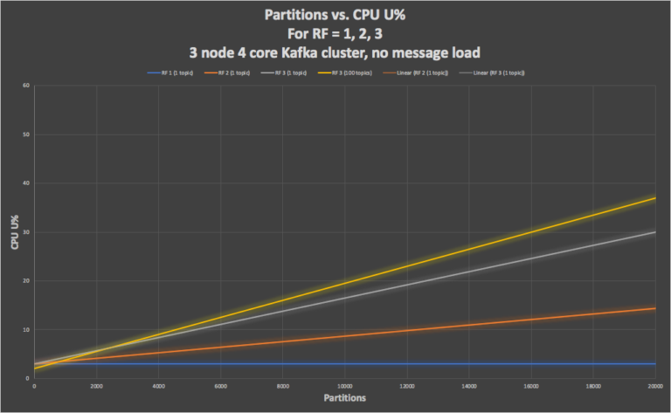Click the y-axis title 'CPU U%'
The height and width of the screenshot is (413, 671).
pos(15,233)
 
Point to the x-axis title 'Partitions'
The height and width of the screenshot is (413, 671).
pos(343,397)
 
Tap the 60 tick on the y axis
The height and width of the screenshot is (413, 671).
pos(26,86)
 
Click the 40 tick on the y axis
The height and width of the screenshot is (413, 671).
pos(26,183)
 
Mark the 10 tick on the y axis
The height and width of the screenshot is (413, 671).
pos(26,330)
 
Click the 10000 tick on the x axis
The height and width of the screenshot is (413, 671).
pos(344,385)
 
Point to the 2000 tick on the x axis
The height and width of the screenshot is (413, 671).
pos(96,385)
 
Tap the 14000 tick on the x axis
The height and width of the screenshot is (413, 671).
pos(469,385)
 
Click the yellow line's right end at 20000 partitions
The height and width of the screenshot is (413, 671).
pos(655,198)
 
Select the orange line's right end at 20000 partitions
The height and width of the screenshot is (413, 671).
pos(655,308)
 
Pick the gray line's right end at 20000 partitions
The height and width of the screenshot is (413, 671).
pos(655,232)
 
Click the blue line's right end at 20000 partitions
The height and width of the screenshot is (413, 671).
pos(655,364)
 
